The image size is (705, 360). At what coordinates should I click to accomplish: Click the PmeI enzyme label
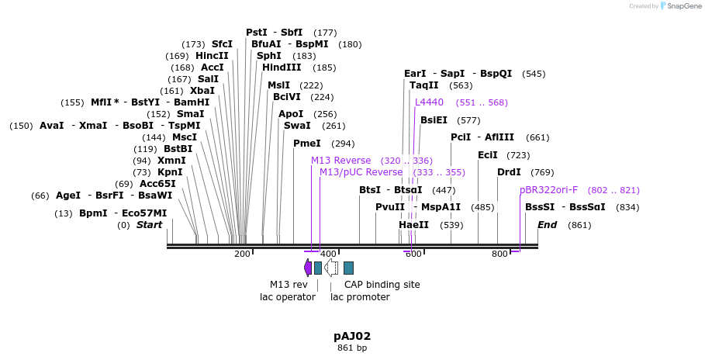pos(306,144)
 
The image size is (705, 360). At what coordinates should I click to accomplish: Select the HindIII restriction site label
pos(281,67)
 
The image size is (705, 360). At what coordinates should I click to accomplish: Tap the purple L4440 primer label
pos(429,102)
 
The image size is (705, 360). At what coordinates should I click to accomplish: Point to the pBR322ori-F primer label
pos(548,190)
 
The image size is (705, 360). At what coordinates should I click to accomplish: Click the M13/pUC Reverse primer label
pos(361,172)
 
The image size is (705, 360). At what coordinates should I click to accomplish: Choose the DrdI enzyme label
pos(509,172)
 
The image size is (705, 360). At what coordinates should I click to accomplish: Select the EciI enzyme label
pos(488,155)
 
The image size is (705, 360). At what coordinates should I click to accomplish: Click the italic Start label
pos(150,225)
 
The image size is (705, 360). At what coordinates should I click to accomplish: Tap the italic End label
pos(548,225)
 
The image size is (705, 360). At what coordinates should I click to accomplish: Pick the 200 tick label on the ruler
pos(242,254)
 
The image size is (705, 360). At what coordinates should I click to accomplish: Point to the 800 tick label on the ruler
pos(499,254)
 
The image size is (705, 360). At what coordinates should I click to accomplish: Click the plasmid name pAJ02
pos(352,337)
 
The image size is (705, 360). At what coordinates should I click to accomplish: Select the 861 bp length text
pos(352,348)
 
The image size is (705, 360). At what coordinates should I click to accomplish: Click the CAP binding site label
pos(382,285)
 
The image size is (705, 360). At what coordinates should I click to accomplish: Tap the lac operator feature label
pos(287,296)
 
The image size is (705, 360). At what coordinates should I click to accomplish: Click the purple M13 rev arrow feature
pos(308,268)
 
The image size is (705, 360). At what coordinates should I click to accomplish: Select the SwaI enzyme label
pos(297,126)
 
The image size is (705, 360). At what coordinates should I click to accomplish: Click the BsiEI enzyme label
pos(434,120)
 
